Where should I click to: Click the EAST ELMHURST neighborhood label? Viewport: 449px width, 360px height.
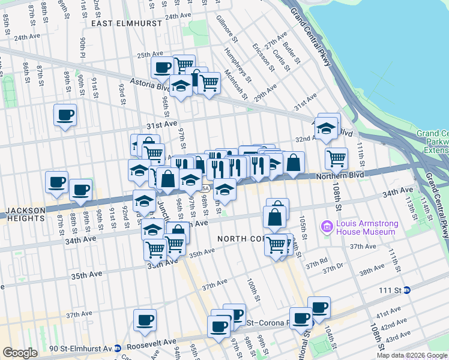coord(127,23)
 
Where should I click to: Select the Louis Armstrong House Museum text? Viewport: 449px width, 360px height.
coord(366,227)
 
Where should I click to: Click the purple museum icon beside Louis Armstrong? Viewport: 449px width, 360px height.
coord(327,227)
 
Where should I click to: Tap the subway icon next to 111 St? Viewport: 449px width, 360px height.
coord(407,289)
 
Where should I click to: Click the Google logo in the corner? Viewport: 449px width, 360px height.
coord(20,353)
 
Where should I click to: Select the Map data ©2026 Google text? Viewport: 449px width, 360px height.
coord(411,355)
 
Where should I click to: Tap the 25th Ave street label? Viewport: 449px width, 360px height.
coord(149,55)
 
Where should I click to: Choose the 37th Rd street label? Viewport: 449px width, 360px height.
coord(316,262)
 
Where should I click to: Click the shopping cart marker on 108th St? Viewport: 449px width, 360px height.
coord(337,159)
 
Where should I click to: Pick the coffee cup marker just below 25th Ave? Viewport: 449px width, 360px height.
coord(162,68)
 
